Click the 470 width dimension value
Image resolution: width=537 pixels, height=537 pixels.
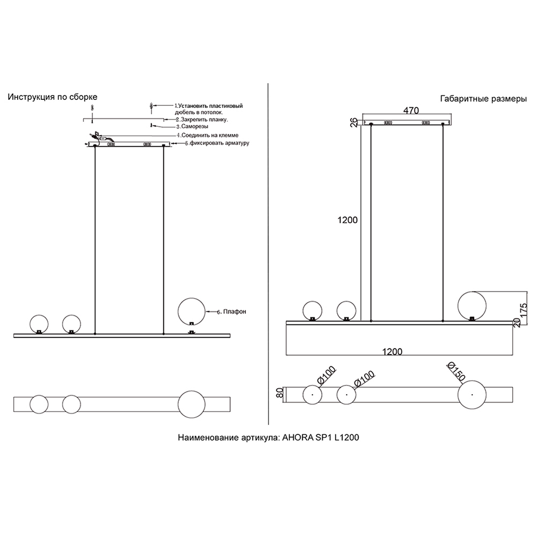(411, 111)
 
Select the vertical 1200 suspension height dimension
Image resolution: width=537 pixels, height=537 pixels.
(347, 220)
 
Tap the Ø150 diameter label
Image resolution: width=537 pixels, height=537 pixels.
(456, 371)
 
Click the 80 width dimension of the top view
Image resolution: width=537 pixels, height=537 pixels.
(280, 393)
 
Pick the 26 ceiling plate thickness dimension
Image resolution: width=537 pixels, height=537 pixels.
(354, 122)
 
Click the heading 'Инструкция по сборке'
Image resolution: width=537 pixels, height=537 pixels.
(53, 97)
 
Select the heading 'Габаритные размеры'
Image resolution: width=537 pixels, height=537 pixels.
(483, 99)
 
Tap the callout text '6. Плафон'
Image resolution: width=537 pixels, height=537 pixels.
(231, 311)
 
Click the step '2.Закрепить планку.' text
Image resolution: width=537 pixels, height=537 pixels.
(202, 120)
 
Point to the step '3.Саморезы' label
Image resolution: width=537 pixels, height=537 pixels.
(192, 126)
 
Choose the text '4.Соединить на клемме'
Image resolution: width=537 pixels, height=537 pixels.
(207, 135)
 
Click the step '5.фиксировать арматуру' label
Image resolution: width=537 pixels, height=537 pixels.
(217, 143)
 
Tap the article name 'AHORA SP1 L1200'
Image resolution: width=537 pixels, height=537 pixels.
(321, 437)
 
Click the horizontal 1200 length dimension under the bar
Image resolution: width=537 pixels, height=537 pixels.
(393, 352)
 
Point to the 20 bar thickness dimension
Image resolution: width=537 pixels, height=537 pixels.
(517, 322)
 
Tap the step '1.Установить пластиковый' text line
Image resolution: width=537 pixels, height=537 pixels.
(209, 106)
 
